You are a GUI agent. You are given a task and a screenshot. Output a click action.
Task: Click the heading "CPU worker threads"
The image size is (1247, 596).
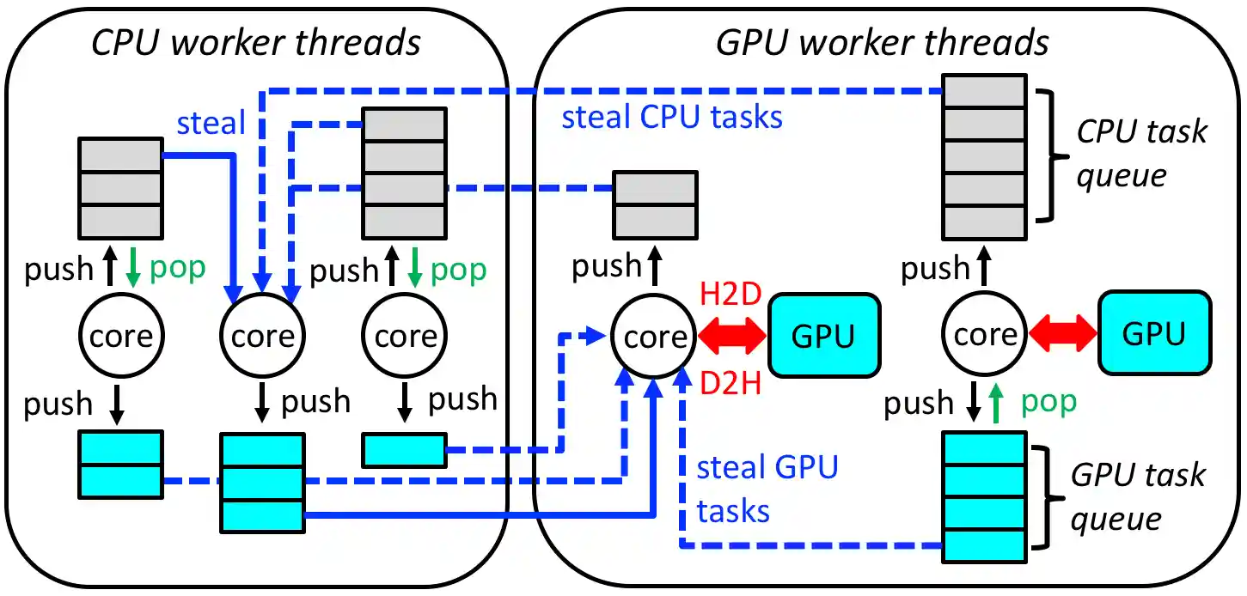(x=256, y=41)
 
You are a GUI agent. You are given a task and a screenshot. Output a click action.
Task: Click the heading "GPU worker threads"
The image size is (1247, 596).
(x=883, y=41)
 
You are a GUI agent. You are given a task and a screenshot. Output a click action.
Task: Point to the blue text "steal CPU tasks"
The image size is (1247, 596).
(x=672, y=117)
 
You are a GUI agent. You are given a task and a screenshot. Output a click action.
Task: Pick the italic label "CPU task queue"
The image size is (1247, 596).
(x=1141, y=154)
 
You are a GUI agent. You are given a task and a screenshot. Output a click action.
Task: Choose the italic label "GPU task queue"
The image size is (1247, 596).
(x=1138, y=497)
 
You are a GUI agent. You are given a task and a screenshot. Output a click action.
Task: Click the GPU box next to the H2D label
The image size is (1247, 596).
(x=824, y=336)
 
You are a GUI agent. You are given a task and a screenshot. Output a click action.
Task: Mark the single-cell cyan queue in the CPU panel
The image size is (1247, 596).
(x=404, y=450)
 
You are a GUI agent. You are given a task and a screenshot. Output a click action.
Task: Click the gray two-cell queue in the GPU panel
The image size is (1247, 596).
(x=655, y=204)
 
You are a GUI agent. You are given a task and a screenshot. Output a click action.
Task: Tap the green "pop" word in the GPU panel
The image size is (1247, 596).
(x=1048, y=402)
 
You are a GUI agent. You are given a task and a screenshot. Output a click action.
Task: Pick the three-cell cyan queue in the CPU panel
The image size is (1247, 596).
(x=263, y=483)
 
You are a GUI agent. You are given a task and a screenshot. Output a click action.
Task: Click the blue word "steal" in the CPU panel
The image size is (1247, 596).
(x=211, y=124)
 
